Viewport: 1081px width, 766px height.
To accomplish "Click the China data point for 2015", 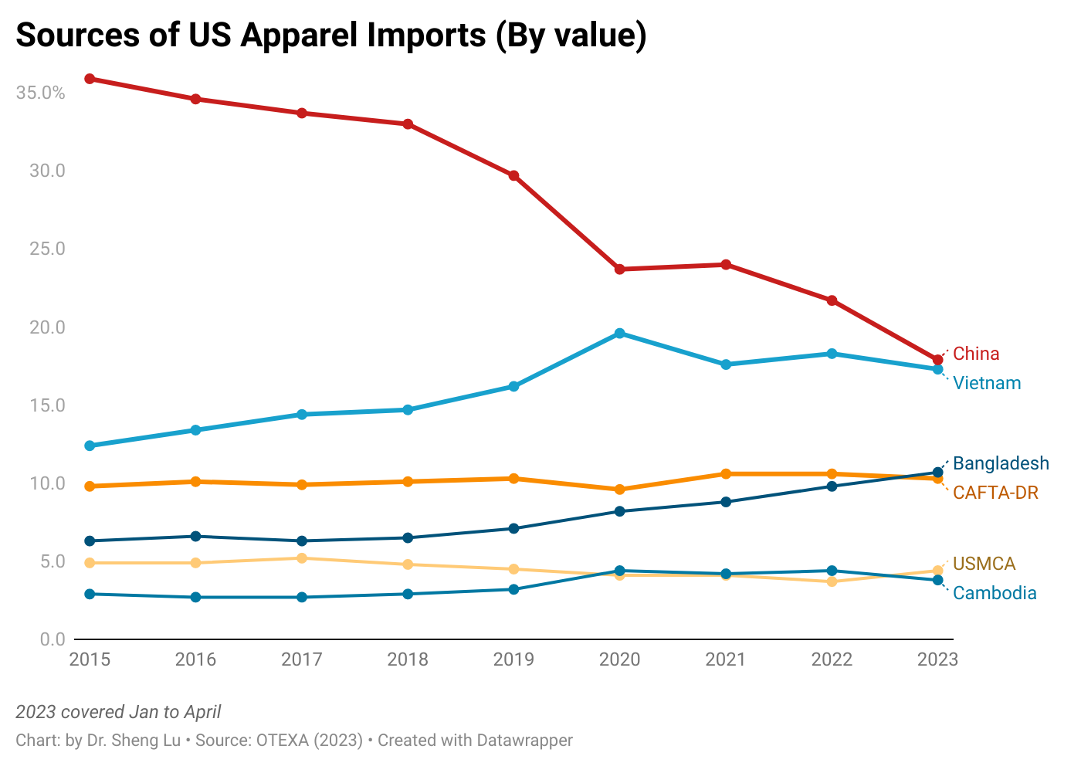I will (x=90, y=79).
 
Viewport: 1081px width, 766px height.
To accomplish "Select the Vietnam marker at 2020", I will (x=619, y=334).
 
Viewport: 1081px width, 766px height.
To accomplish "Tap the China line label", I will (x=976, y=354).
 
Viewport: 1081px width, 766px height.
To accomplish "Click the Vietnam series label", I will (x=987, y=383).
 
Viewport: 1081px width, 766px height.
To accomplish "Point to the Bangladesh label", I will (x=1001, y=463).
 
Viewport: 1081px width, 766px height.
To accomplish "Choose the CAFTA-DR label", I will (x=995, y=493).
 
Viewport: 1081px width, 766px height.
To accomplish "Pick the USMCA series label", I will (x=984, y=564).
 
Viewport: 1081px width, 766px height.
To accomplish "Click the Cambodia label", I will (x=995, y=593).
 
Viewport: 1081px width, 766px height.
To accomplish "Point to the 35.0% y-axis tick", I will (x=40, y=93).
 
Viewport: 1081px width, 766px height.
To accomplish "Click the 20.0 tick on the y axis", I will (x=47, y=327).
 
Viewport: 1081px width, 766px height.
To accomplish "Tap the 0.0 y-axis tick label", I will (x=52, y=639).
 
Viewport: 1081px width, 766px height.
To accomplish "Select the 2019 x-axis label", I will (x=513, y=659).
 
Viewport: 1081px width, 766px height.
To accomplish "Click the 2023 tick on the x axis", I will (x=937, y=659).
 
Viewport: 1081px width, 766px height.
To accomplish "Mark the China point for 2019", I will (x=513, y=176).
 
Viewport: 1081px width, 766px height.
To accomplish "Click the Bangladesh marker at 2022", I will (x=832, y=486).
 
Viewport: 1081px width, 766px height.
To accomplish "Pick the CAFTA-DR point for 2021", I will (x=726, y=474).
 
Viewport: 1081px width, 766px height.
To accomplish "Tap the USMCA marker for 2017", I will (x=302, y=558).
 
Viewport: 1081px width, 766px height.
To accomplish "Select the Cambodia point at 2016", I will (x=196, y=597).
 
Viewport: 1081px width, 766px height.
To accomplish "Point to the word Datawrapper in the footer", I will (x=524, y=740).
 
